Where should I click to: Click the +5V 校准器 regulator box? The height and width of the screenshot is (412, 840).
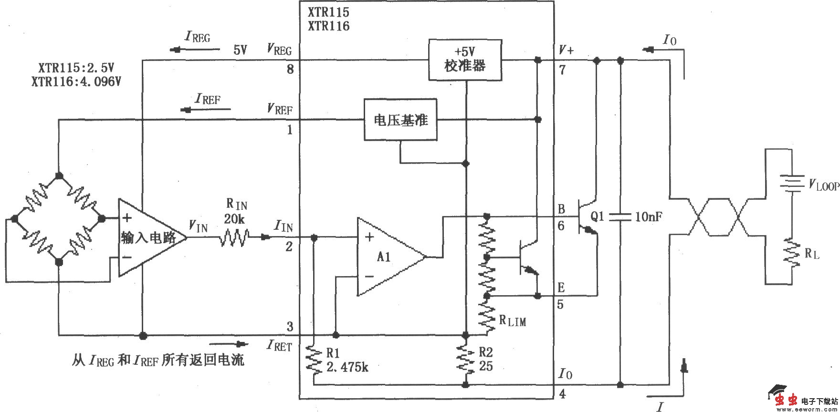click(465, 61)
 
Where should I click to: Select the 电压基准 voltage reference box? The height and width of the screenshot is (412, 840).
click(400, 120)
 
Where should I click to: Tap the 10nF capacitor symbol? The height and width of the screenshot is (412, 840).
click(620, 217)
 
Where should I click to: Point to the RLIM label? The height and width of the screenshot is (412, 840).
click(513, 321)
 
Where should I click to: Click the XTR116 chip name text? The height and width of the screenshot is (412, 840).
click(328, 26)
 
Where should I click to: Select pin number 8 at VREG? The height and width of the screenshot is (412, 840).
click(290, 70)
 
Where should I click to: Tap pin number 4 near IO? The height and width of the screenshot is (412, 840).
click(562, 394)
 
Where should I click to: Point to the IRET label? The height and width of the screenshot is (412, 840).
click(280, 346)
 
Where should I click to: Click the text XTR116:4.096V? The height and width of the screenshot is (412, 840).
click(76, 82)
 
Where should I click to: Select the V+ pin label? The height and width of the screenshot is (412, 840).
click(566, 50)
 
